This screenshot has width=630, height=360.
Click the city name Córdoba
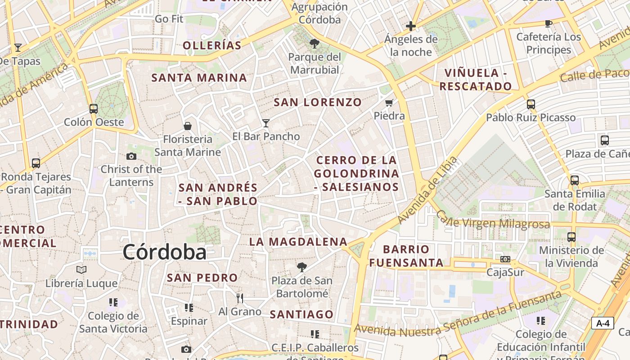164,252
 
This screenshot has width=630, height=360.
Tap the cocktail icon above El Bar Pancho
266,123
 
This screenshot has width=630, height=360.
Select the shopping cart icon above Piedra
389,103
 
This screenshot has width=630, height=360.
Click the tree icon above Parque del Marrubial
315,44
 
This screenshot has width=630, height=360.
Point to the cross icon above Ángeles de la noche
410,26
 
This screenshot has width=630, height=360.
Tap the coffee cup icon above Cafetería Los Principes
548,23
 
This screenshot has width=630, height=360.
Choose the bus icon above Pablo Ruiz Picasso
531,104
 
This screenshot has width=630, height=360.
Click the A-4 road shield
603,323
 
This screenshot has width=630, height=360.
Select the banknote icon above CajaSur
505,259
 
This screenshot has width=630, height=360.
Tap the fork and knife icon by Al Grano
240,298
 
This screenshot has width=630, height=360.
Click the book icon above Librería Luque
81,270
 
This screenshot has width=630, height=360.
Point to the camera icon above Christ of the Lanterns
131,156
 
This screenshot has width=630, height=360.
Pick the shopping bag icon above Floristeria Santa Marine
188,126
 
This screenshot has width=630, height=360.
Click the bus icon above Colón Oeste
94,108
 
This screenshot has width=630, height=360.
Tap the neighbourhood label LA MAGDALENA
298,242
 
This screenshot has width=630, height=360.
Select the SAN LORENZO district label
318,102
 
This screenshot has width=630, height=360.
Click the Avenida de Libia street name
427,190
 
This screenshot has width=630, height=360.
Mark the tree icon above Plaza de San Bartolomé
302,267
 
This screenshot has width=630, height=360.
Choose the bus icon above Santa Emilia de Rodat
575,180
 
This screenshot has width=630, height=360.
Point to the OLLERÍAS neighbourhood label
212,45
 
